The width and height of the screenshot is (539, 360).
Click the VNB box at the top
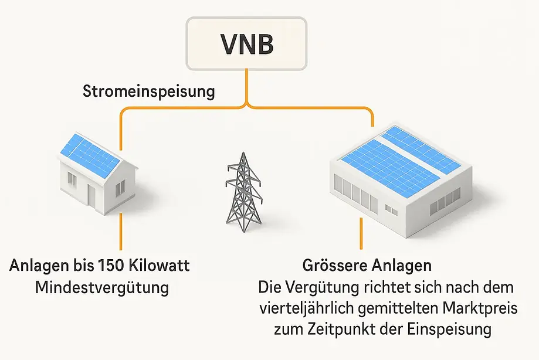click(x=246, y=44)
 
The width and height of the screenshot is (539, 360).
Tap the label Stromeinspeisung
click(x=148, y=91)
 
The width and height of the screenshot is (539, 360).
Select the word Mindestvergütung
click(x=101, y=288)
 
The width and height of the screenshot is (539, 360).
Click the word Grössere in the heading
click(x=334, y=266)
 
